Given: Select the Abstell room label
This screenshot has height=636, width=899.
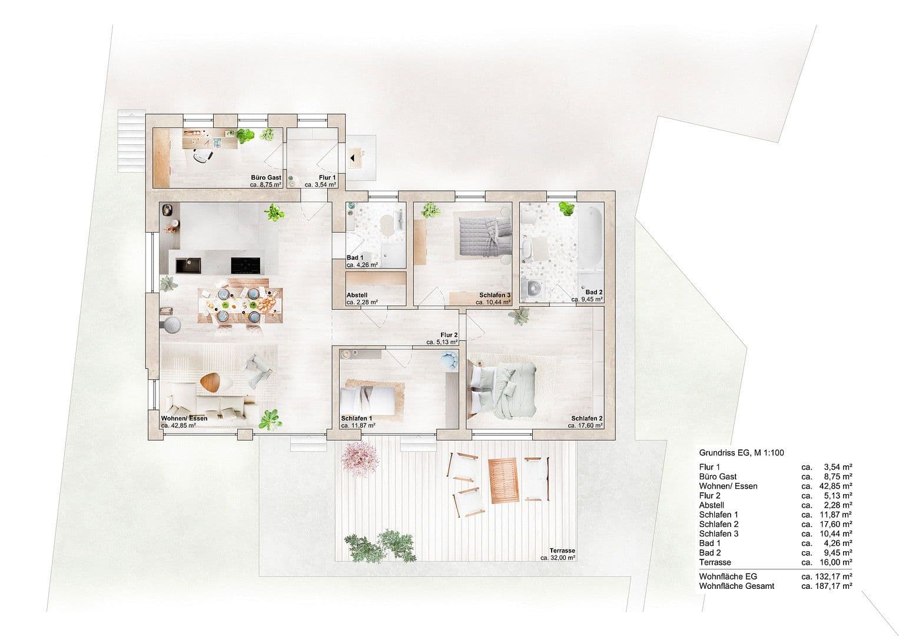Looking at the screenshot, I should pos(357,295).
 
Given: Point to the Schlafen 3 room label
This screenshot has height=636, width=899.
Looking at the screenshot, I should pos(495,295).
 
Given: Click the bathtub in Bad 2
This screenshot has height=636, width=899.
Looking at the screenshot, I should pos(589,236).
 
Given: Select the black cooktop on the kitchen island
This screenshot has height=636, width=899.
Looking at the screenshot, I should pos(246,266).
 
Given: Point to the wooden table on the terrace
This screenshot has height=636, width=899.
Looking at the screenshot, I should pos(505,480).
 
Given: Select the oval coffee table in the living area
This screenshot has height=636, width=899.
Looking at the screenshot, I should pos(214,382).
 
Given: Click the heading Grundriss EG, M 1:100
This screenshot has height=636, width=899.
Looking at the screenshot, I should pos(741,453).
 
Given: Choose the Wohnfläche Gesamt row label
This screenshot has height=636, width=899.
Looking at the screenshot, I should pos(737,586).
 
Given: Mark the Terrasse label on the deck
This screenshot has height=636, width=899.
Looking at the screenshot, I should pos(562,549).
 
